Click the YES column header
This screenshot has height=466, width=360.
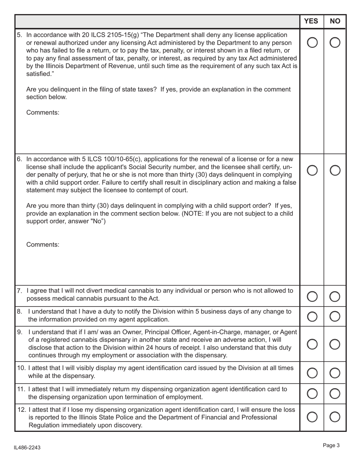click(x=311, y=21)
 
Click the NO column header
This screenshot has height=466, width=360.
click(x=335, y=21)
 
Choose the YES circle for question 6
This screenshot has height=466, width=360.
click(x=311, y=171)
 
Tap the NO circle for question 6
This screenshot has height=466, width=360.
click(x=335, y=171)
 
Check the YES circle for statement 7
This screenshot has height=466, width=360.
click(x=311, y=297)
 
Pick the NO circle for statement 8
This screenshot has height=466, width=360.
click(x=335, y=315)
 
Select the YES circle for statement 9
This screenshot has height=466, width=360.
click(x=311, y=344)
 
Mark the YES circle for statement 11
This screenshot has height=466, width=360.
click(x=311, y=394)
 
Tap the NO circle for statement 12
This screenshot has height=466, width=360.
click(x=335, y=417)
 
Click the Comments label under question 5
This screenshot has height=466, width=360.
click(x=43, y=113)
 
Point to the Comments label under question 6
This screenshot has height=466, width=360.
click(x=43, y=245)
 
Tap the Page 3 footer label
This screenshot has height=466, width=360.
click(x=331, y=446)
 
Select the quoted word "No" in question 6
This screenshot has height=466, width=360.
click(x=96, y=221)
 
